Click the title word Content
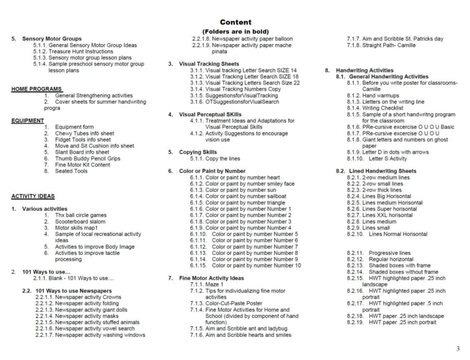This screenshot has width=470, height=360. click(x=235, y=22)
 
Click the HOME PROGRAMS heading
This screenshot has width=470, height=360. click(x=36, y=89)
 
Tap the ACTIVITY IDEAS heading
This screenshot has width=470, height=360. click(x=33, y=196)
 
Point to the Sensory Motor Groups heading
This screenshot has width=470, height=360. click(x=51, y=39)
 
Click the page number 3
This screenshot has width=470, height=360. click(x=457, y=349)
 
